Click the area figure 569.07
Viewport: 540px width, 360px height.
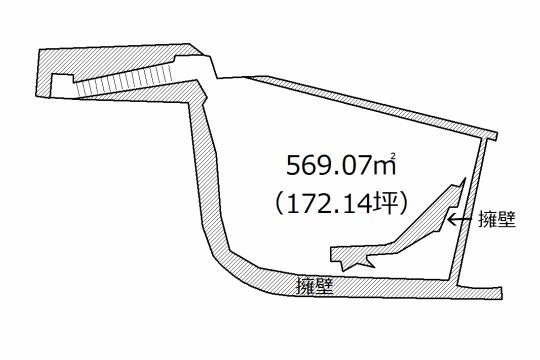coord(330,166)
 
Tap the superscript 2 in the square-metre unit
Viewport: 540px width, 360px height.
coord(392,157)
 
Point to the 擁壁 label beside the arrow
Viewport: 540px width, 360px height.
coord(497,220)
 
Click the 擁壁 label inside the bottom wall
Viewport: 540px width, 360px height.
coord(315,286)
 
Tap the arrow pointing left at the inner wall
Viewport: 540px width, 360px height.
coord(460,219)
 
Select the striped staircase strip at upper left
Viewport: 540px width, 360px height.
coord(124,81)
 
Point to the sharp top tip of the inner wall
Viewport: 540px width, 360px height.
coord(465,178)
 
